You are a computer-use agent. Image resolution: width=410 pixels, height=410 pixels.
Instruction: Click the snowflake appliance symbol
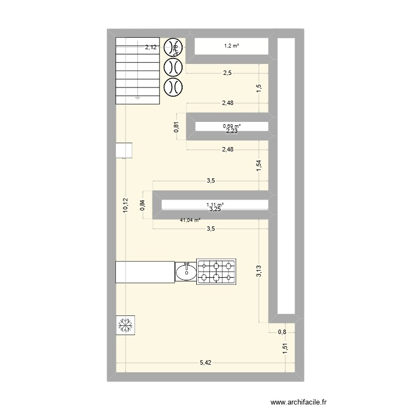(x=126, y=326)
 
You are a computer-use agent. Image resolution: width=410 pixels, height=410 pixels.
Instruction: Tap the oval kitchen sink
(x=186, y=272)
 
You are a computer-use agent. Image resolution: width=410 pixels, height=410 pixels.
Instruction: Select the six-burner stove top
(x=216, y=272)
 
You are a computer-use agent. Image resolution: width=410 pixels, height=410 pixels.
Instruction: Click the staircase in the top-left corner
(x=137, y=71)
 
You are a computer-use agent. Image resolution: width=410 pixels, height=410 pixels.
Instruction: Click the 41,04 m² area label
(x=190, y=221)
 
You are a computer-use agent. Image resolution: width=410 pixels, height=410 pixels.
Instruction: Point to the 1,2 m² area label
(x=232, y=46)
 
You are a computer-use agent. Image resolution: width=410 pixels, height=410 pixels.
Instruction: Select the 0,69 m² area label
(x=232, y=126)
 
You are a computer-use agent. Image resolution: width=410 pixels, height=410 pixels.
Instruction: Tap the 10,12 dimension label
(x=125, y=205)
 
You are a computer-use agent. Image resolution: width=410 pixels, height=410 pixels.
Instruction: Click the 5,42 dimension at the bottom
(x=207, y=362)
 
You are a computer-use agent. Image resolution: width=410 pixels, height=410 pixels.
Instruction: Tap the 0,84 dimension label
(x=143, y=204)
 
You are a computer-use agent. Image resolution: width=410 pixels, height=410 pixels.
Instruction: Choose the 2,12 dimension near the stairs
(x=151, y=48)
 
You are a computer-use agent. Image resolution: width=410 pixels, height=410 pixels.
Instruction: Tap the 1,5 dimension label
(x=259, y=89)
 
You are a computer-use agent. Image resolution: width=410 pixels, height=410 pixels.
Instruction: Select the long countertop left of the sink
(x=145, y=272)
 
